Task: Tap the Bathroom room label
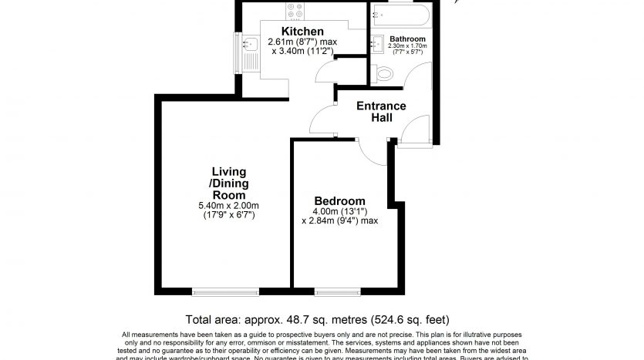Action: (406, 38)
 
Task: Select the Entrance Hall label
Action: (380, 111)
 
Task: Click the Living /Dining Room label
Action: (228, 182)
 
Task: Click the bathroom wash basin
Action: (378, 43)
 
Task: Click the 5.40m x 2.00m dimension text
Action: (228, 205)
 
